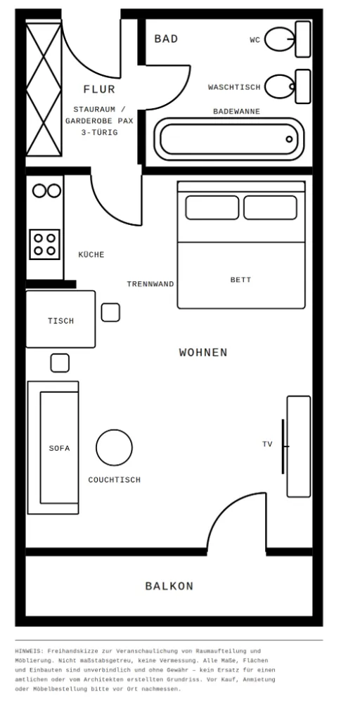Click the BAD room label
[166, 39]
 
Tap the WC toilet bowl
[280, 39]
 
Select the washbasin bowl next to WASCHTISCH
[280, 86]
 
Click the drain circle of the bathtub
[289, 139]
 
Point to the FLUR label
[99, 90]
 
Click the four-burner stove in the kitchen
[45, 245]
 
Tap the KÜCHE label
[91, 254]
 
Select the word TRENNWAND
[150, 284]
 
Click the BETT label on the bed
[240, 280]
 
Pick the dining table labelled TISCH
[60, 319]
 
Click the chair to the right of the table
[110, 313]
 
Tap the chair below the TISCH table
[60, 363]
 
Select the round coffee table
[115, 447]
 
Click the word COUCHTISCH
[115, 479]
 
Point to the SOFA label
[60, 448]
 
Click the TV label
[267, 444]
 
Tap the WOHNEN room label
[203, 352]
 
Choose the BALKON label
[169, 586]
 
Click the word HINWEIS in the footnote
[28, 650]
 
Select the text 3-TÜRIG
[99, 133]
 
